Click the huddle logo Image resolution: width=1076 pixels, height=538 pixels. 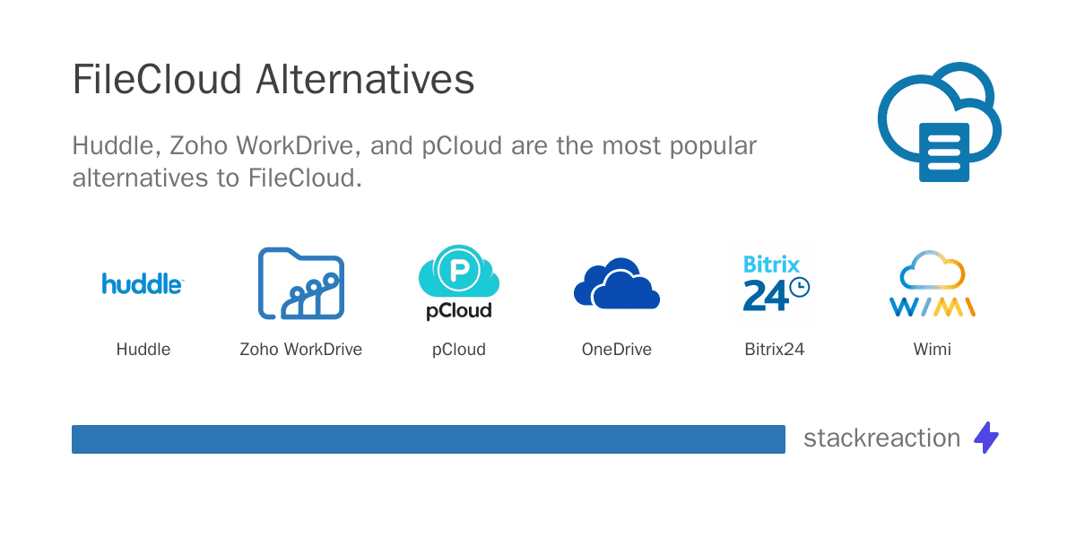(143, 283)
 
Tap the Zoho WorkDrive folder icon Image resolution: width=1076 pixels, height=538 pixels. (301, 283)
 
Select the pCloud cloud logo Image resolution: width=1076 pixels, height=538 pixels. (459, 282)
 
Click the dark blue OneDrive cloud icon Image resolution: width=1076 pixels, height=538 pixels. (617, 283)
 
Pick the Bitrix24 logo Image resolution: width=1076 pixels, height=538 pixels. (775, 283)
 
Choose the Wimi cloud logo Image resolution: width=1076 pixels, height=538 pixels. (933, 283)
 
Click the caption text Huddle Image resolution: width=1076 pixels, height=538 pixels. (143, 349)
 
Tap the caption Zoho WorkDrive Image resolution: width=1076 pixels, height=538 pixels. (300, 349)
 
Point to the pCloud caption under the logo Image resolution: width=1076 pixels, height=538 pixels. (459, 350)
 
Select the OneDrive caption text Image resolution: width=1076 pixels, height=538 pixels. (617, 349)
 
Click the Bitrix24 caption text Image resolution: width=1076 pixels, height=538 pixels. (775, 349)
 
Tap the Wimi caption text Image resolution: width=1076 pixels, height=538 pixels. (933, 349)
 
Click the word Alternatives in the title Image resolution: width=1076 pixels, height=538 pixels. (365, 79)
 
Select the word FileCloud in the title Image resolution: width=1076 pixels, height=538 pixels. (157, 79)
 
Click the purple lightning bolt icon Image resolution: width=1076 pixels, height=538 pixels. (986, 438)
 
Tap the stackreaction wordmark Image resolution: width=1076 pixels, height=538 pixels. (882, 438)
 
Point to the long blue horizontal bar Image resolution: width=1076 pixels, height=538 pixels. (429, 439)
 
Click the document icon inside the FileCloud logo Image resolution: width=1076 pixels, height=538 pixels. (944, 152)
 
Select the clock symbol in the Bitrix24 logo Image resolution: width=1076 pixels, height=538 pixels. (800, 287)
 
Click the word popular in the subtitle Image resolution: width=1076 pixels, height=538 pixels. (713, 146)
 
